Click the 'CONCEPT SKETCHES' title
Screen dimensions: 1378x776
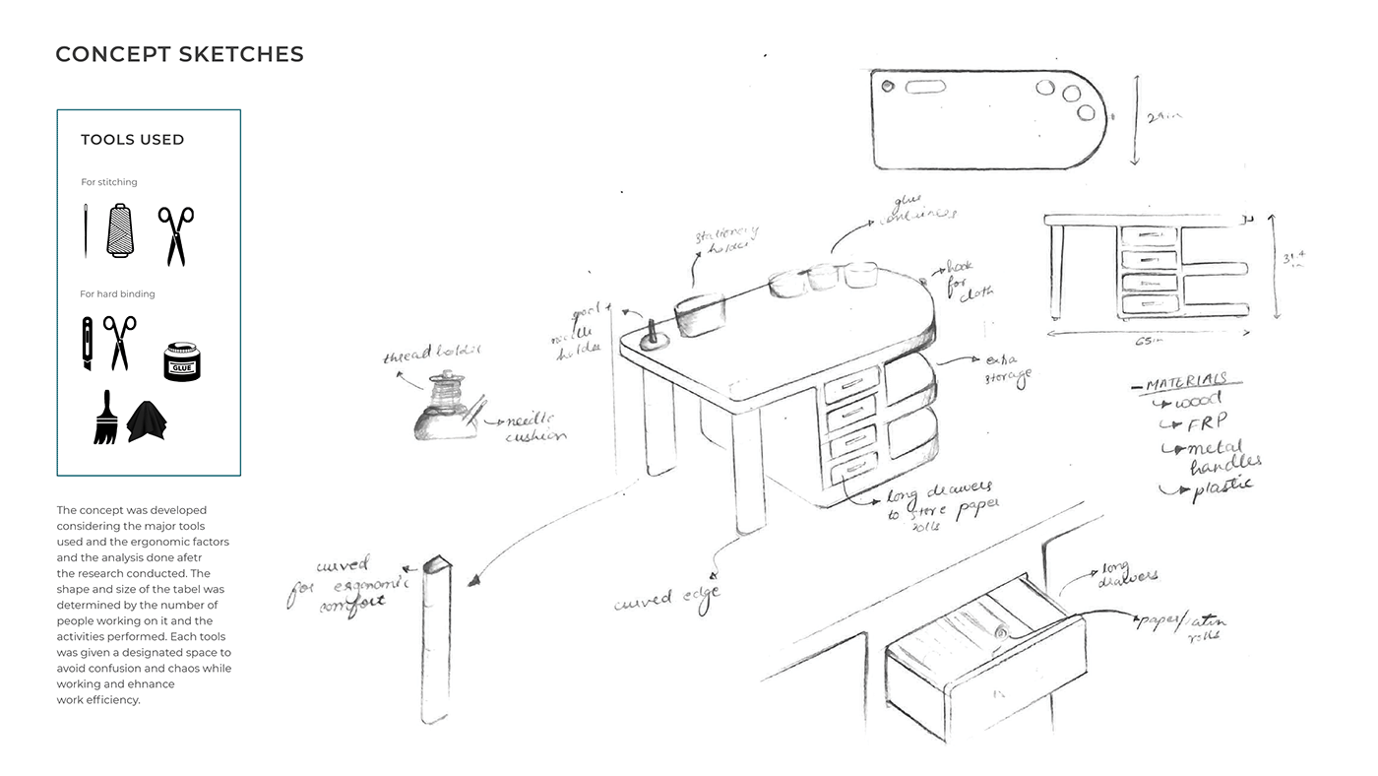click(179, 54)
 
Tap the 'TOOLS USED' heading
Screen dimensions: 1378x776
click(132, 140)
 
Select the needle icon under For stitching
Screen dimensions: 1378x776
click(86, 230)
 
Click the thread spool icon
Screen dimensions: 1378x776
click(119, 230)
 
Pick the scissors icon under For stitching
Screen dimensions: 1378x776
click(175, 234)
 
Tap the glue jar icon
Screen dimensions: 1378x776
click(181, 362)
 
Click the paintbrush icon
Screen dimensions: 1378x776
click(105, 418)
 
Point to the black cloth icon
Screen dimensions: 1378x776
click(147, 420)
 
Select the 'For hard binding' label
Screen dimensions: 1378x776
click(117, 293)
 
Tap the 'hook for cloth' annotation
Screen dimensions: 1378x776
click(969, 279)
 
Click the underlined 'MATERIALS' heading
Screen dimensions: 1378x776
click(1185, 381)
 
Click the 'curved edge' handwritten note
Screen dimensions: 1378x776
click(666, 596)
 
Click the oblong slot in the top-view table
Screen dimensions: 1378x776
click(925, 87)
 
